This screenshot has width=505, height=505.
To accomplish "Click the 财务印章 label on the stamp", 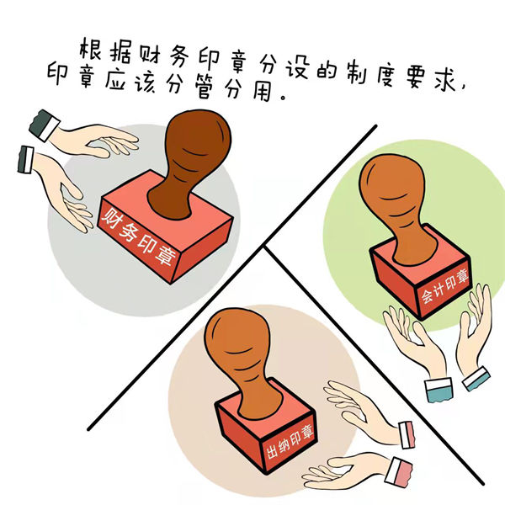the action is [139, 237].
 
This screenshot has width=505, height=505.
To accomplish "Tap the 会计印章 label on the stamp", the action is [445, 286].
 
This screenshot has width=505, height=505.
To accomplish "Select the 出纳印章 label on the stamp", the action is [290, 442].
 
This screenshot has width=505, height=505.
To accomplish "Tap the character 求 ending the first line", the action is [444, 78].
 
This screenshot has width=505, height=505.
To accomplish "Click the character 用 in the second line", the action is [261, 90].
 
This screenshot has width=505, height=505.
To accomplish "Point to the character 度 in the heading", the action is [385, 75].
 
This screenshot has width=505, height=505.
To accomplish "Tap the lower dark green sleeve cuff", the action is [26, 159].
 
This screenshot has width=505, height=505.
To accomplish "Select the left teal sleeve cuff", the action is [439, 391].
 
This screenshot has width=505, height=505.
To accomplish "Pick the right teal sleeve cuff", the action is [476, 379].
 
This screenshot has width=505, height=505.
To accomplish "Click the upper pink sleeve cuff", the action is [407, 435].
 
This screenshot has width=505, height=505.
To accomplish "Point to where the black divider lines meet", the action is [264, 247].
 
